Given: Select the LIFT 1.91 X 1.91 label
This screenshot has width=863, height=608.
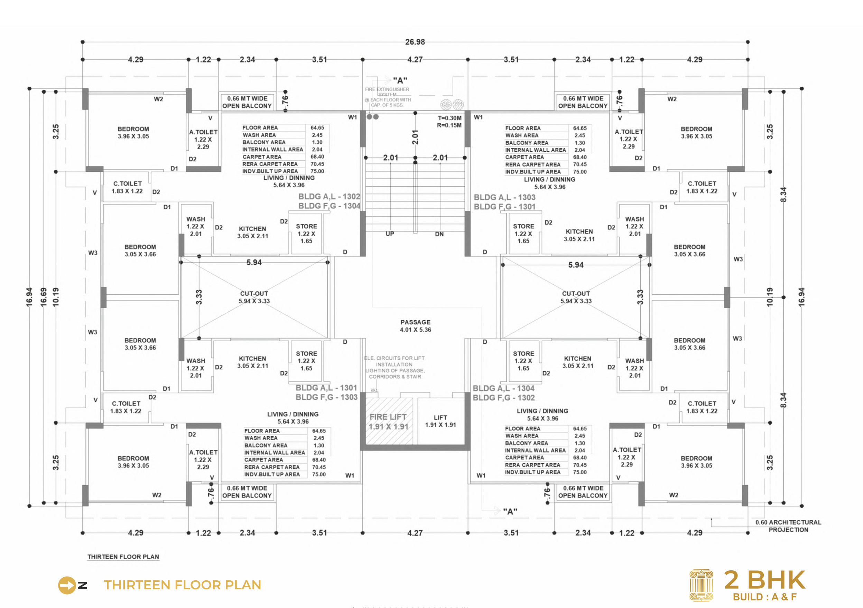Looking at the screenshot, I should [440, 421].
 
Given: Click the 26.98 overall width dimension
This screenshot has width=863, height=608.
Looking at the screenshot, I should [415, 42].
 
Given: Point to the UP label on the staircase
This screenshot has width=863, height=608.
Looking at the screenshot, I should [390, 234].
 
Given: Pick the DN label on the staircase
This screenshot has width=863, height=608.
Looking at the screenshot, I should [439, 234].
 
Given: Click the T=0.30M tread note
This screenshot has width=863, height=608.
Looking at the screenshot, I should [449, 118].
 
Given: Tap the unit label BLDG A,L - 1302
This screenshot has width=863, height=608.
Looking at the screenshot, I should [329, 197].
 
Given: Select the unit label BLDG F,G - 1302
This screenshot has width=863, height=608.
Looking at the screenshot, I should [503, 398].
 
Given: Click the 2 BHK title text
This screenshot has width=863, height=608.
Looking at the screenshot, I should [764, 580].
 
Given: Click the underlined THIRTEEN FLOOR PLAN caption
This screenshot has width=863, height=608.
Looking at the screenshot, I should [123, 557].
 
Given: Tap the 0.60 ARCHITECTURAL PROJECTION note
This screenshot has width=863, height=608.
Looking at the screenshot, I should [788, 526].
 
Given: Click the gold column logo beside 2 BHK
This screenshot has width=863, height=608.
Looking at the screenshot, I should [701, 585].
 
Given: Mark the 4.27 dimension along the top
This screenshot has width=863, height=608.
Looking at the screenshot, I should [415, 59].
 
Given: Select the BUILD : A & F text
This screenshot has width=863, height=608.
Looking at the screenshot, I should [764, 597].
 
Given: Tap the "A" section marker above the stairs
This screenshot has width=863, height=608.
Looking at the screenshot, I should [400, 80].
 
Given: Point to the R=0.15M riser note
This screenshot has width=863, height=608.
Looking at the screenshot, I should [449, 125].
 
